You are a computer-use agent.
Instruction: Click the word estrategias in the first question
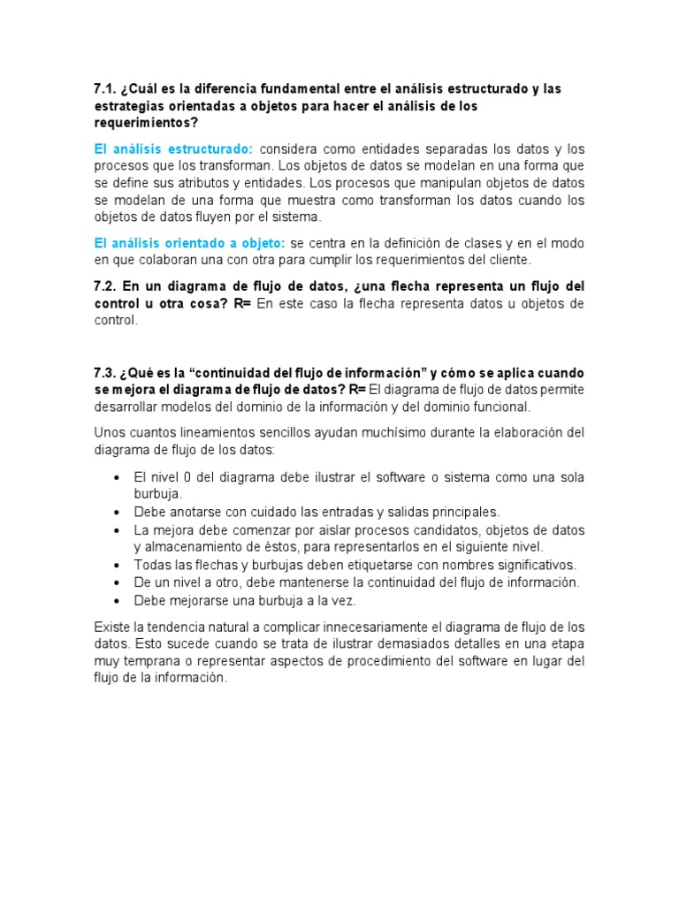(x=130, y=106)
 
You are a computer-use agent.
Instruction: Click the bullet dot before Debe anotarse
(x=118, y=512)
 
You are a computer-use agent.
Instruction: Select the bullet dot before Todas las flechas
(x=118, y=564)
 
